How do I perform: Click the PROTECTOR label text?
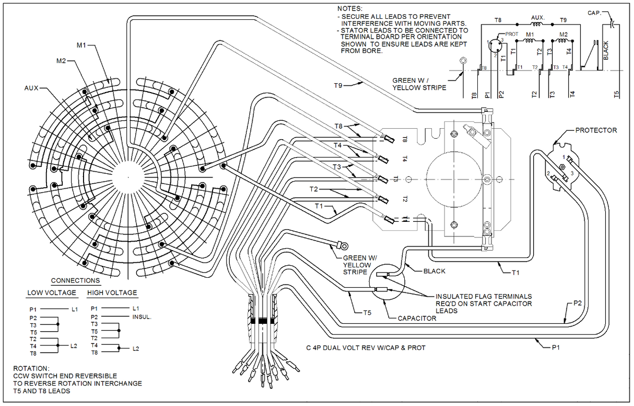(596, 130)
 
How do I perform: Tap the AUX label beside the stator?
(32, 88)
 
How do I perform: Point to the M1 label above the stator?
(81, 46)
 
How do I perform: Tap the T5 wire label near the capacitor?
(368, 313)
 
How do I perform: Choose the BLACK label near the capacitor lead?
(434, 271)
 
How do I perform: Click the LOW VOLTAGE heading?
(52, 293)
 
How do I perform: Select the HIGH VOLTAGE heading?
(112, 293)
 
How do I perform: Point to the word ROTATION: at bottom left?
(31, 368)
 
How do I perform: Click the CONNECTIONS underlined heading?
(75, 281)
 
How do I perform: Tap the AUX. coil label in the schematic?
(538, 18)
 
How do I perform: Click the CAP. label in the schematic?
(596, 13)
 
